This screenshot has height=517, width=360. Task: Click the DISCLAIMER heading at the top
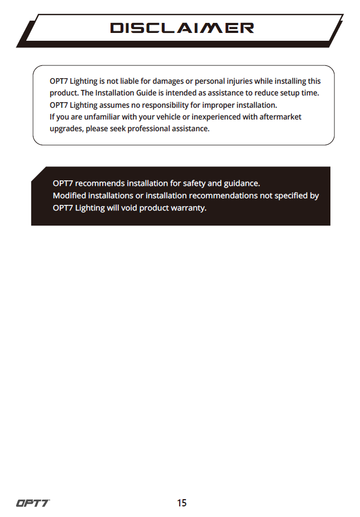pyautogui.click(x=182, y=28)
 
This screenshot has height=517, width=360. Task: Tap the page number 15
pyautogui.click(x=181, y=503)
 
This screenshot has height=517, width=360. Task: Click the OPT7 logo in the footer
pyautogui.click(x=32, y=503)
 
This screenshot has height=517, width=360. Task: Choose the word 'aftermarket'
pyautogui.click(x=280, y=117)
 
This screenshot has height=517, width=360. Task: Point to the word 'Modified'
pyautogui.click(x=69, y=195)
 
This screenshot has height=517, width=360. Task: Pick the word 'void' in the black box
pyautogui.click(x=129, y=208)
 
